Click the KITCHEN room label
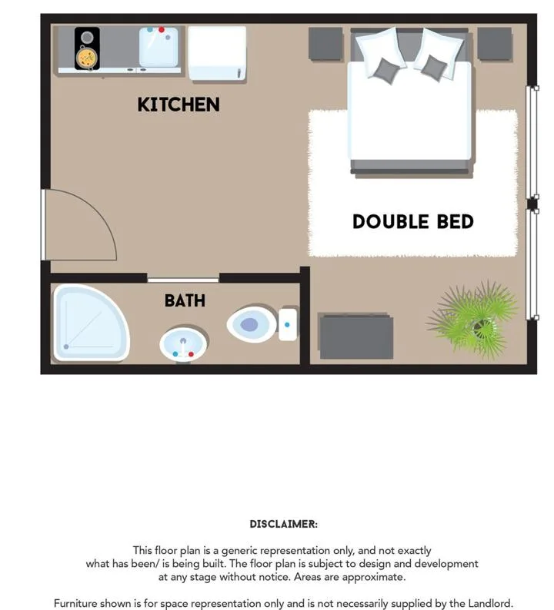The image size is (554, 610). (179, 104)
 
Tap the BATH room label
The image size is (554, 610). (185, 300)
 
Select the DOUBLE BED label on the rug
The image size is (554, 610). (413, 221)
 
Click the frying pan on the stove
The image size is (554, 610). (87, 58)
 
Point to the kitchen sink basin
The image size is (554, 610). (159, 47)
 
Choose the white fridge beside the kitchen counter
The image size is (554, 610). (217, 53)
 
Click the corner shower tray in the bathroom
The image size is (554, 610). (91, 323)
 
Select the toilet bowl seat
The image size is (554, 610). (252, 324)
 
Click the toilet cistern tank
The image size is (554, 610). (288, 324)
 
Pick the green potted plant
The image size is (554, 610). (474, 319)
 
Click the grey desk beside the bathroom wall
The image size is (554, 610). (356, 336)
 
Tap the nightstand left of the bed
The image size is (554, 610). (325, 44)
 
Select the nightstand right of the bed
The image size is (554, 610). (495, 44)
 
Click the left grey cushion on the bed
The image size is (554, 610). (386, 71)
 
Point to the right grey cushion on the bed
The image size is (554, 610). (434, 68)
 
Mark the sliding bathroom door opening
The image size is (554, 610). (183, 280)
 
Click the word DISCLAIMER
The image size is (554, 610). (284, 524)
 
